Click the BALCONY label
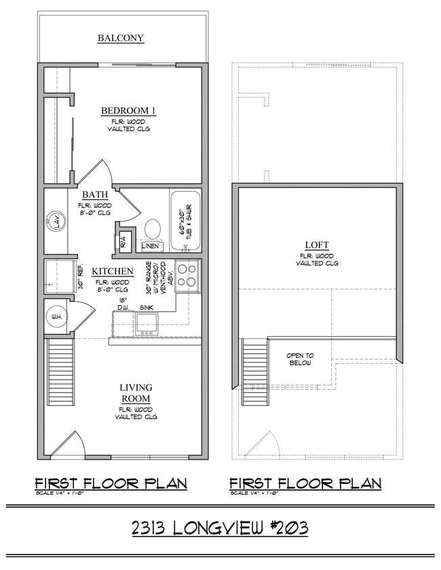(121, 38)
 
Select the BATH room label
(95, 195)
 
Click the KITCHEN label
(113, 271)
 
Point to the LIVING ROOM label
(136, 393)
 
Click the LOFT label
(317, 245)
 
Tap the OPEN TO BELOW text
(300, 359)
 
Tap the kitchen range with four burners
(188, 275)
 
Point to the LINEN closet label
(151, 246)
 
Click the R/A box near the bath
(124, 241)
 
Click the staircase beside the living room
(60, 371)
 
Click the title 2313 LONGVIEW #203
(220, 527)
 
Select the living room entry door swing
(70, 444)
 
